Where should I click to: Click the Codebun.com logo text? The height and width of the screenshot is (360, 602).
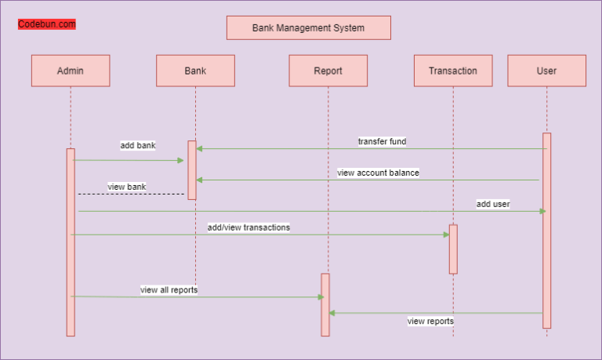coord(47,24)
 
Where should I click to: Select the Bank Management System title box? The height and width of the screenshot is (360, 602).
coord(308,27)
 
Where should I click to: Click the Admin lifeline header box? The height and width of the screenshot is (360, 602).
coord(71,71)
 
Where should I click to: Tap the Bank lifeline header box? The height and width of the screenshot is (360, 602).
coord(195,71)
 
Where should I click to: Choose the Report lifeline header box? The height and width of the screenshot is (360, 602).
coord(328,71)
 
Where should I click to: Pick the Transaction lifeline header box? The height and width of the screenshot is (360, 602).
coord(453,71)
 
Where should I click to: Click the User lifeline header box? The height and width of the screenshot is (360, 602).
coord(546,71)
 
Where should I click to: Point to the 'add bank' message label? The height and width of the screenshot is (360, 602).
coord(138,145)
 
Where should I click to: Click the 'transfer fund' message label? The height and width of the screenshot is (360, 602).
coord(382,141)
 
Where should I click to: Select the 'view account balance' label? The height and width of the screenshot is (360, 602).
coord(378,173)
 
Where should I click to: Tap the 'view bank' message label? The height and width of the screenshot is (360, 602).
coord(127,187)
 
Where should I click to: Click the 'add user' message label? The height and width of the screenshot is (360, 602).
coord(493,204)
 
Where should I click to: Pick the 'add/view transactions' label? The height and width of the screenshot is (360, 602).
coord(248,227)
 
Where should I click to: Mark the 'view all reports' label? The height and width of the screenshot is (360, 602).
coord(169,289)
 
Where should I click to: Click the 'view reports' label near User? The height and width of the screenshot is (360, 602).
coord(430,321)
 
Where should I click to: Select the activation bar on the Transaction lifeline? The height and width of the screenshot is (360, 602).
coord(453,249)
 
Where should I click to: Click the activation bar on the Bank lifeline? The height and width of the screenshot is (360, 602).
coord(192,170)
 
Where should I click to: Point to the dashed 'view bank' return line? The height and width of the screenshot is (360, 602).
coord(130,194)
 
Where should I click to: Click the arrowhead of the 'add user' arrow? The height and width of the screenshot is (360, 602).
coord(542,211)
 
